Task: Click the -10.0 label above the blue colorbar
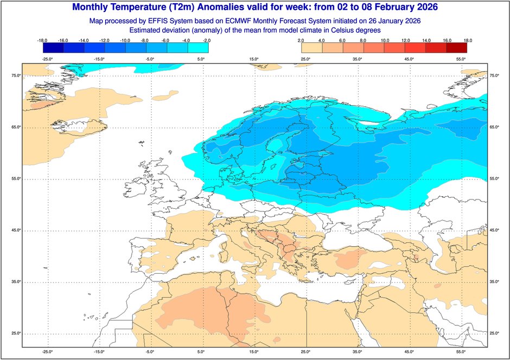125,40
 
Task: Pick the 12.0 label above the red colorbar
405,40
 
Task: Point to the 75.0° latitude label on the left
16,76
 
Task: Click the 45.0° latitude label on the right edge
494,230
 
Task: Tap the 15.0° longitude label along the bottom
253,352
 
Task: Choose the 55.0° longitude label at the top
461,59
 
